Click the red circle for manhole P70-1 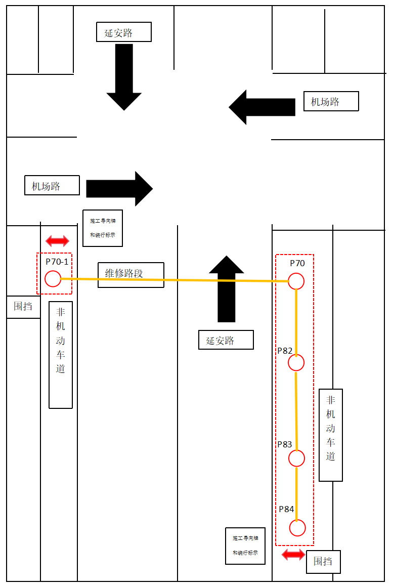[x=53, y=279]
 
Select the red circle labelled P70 [x=296, y=281]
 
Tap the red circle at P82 [x=296, y=362]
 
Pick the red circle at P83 [x=296, y=458]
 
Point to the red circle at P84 [x=297, y=528]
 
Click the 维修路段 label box [x=131, y=275]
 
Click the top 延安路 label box [x=124, y=32]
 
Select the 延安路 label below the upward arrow [x=226, y=341]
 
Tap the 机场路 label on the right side [x=331, y=101]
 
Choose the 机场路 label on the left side [x=52, y=185]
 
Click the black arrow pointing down [x=124, y=76]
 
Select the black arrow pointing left [x=261, y=107]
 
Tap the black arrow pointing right [x=119, y=188]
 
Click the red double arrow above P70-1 [x=57, y=241]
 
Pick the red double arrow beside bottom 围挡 [x=293, y=555]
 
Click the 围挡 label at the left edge [x=23, y=307]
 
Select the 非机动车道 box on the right [x=331, y=435]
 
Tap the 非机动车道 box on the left [x=61, y=355]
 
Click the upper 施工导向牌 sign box [x=103, y=228]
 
